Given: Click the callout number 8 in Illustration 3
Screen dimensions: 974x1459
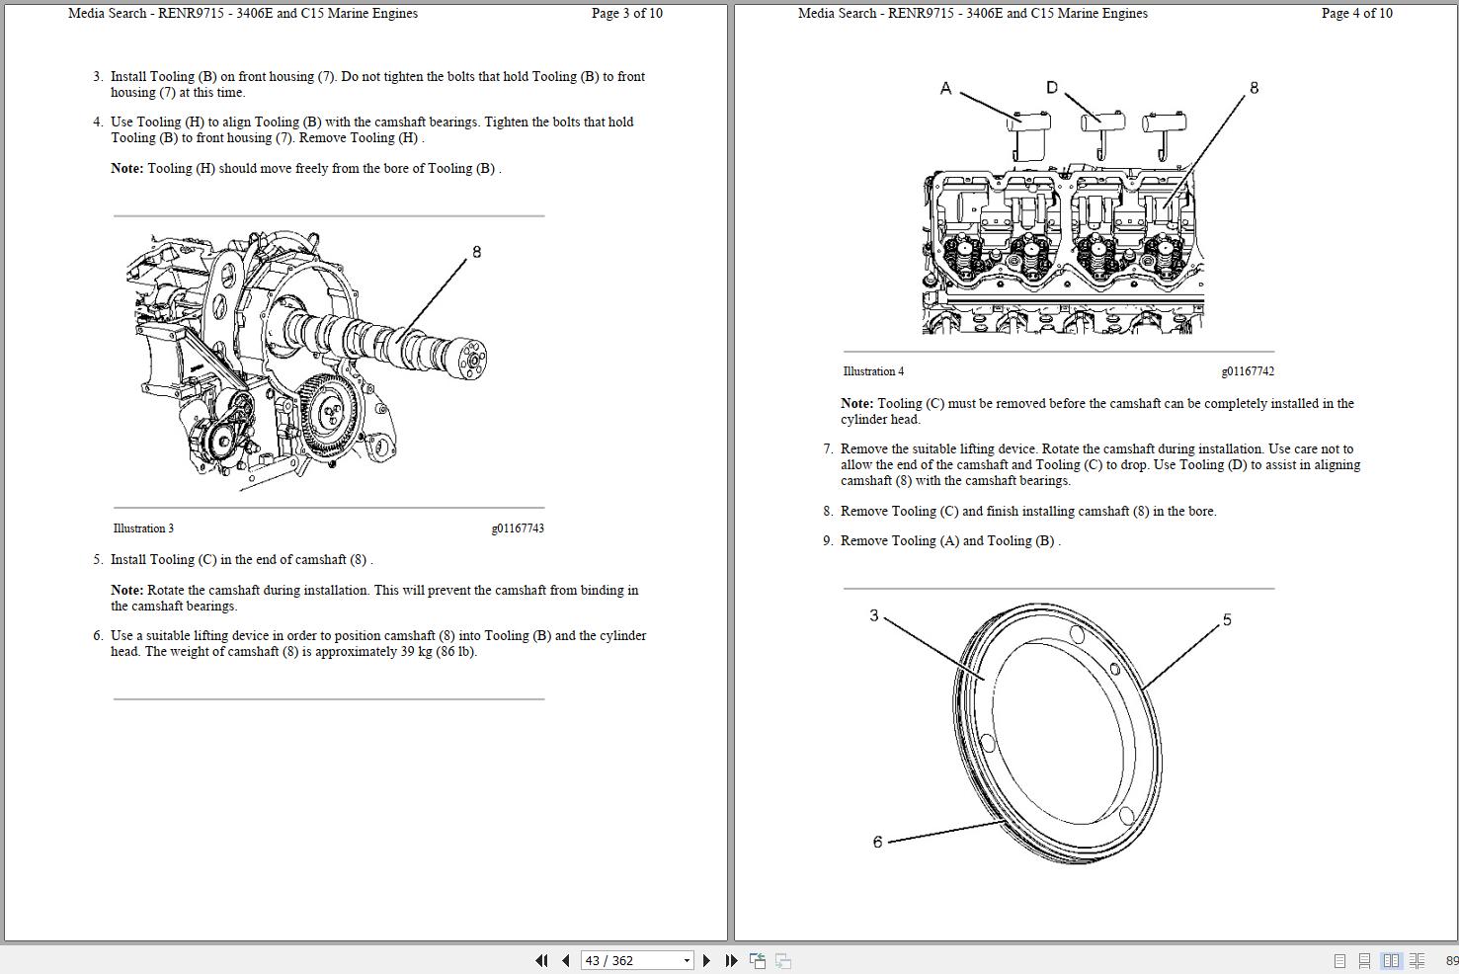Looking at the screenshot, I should point(476,252).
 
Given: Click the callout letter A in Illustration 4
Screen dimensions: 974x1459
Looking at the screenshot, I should point(945,89).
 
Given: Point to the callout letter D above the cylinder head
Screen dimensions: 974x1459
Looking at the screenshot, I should point(1051,88).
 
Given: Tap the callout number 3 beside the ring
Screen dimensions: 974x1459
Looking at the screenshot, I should point(873,616).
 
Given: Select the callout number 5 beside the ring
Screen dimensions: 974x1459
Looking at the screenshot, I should point(1227,620).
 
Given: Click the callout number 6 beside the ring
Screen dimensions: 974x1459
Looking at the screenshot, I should point(877,843).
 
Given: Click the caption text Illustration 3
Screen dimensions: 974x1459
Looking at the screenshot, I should point(143,528).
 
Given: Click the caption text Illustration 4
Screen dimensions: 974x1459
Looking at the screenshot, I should point(873,371).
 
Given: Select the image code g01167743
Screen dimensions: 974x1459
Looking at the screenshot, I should point(518,528).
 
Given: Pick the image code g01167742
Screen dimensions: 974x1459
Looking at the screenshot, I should point(1248,371).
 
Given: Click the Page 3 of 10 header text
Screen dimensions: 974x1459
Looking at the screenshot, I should point(626,14).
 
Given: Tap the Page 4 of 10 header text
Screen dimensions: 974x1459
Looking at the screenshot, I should point(1356,14).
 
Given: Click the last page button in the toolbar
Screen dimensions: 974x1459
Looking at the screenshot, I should point(731,960).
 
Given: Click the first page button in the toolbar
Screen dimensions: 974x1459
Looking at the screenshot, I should point(541,960).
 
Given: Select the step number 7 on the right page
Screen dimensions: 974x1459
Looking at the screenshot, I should point(828,449).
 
